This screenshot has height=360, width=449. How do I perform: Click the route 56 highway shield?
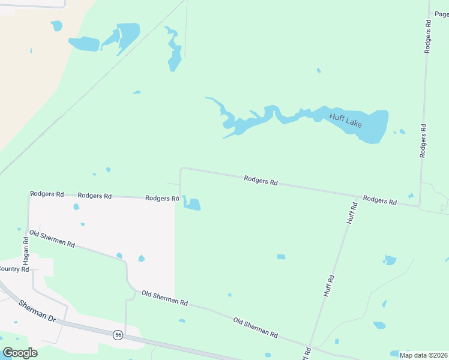(x=118, y=335)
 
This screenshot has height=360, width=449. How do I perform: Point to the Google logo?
(x=20, y=353)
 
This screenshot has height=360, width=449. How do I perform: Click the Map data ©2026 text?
(x=423, y=355)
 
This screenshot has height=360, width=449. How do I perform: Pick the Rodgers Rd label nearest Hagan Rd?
(x=47, y=194)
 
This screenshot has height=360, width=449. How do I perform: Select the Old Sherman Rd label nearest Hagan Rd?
(x=52, y=239)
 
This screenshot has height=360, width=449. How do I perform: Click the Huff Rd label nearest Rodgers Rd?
(x=352, y=213)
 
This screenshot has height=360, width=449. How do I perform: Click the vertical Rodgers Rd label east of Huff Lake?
(x=423, y=140)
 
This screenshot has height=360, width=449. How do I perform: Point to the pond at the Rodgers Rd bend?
(x=192, y=205)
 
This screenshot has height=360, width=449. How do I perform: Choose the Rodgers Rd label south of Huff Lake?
(x=261, y=180)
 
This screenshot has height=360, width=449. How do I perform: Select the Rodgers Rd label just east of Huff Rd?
(x=379, y=200)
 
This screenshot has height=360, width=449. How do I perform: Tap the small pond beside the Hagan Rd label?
(x=20, y=230)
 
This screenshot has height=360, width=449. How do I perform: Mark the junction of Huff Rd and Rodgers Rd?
(x=358, y=196)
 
